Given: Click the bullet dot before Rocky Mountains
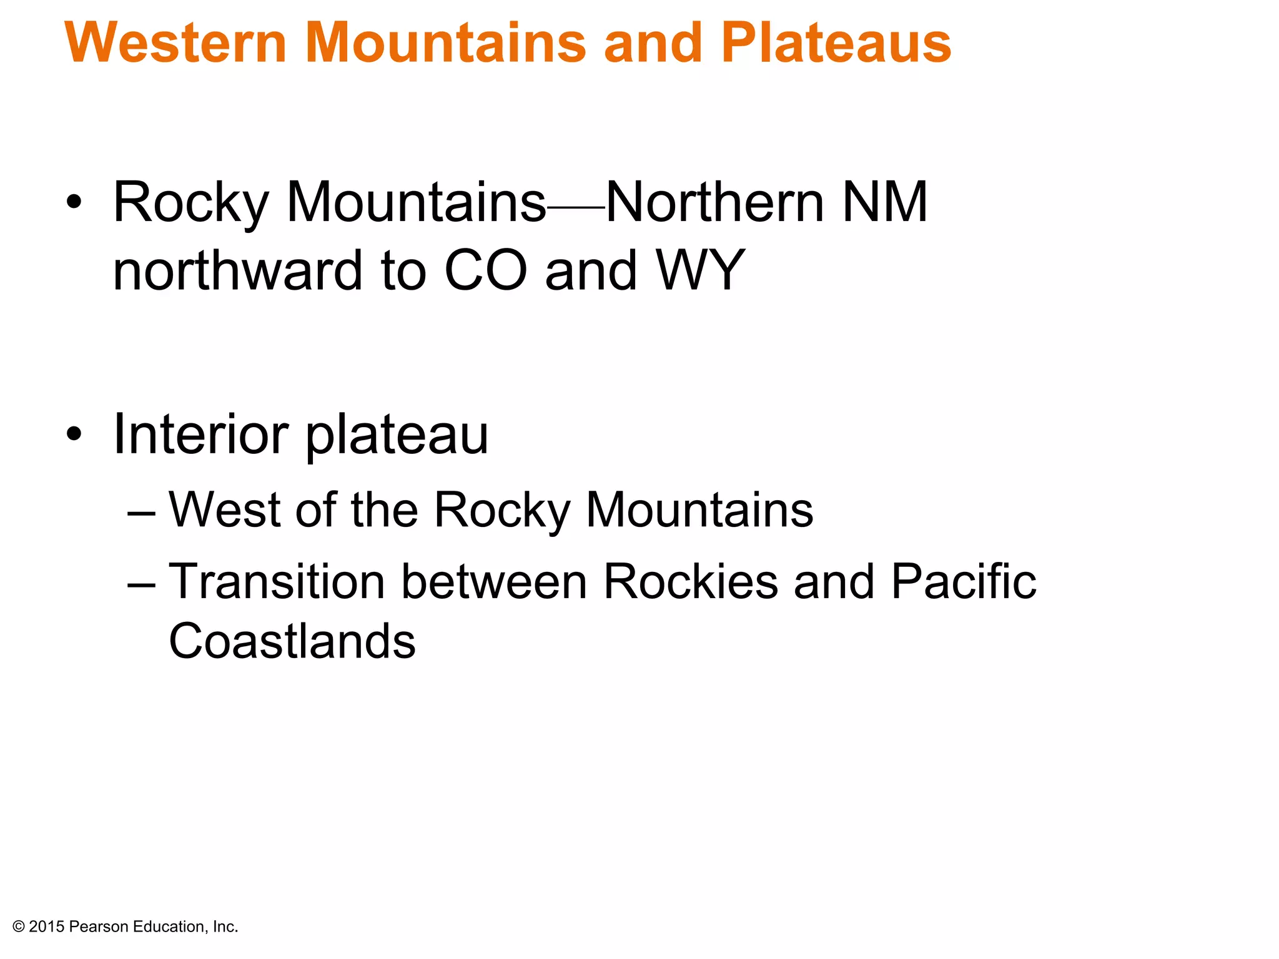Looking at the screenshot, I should [74, 202].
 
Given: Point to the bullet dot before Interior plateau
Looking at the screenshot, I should [74, 434].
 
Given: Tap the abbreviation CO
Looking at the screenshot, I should [486, 270].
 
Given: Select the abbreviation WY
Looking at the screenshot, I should [700, 270].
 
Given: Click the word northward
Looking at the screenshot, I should [238, 270].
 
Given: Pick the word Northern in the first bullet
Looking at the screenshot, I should [715, 202].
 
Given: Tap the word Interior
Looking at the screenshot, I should [200, 434].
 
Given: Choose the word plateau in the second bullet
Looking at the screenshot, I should [397, 435].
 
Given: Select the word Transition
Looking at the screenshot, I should [277, 581].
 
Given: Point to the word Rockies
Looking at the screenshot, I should [690, 581].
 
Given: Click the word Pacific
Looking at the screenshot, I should [963, 581].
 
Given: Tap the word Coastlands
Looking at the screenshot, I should [292, 641].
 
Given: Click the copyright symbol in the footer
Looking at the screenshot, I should [19, 927].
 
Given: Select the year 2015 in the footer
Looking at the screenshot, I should [47, 927].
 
